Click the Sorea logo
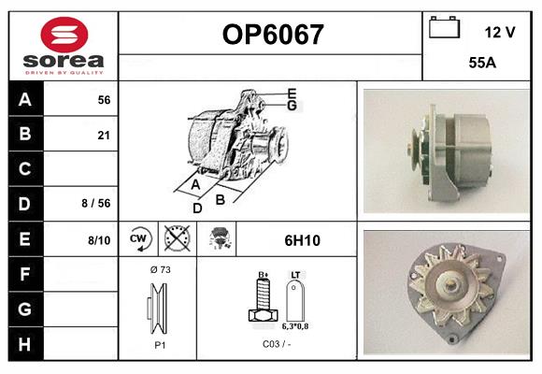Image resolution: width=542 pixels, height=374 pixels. coord(64,46)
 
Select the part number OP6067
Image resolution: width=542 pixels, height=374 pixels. coord(272,36)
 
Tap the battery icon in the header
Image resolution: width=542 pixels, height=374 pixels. coord(445,28)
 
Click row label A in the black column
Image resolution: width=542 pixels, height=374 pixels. coord(25,100)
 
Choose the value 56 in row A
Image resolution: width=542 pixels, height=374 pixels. coord(104,100)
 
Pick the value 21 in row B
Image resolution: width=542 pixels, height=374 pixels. coord(104,136)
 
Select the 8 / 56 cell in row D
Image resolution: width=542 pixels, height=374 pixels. coord(97,203)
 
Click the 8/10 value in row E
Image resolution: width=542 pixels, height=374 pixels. coord(99,240)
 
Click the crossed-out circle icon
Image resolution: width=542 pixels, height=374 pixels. coord(176,239)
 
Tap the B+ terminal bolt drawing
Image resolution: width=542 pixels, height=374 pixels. coord(263,300)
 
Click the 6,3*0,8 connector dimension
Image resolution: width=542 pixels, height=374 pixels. coord(296,327)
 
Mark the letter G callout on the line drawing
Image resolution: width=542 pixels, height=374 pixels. coord(292,106)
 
